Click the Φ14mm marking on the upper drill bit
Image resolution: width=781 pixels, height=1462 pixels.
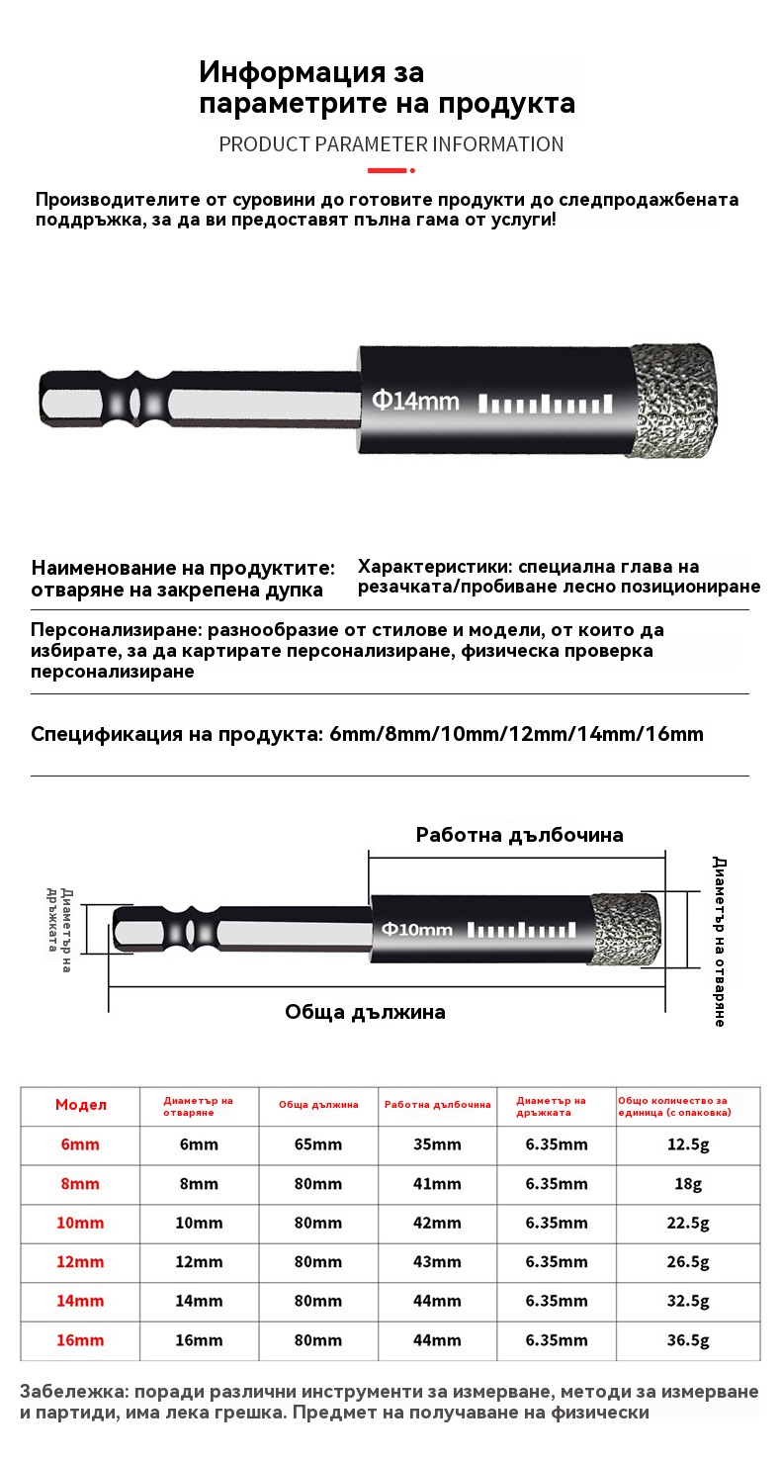[x=415, y=401]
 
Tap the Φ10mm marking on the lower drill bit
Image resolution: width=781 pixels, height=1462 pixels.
[x=417, y=929]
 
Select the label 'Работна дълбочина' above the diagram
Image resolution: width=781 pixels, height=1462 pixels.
[x=519, y=835]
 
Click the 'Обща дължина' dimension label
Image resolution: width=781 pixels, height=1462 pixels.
[x=365, y=1012]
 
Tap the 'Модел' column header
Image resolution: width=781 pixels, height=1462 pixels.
[x=81, y=1105]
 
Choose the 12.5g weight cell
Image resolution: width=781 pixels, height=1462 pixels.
[x=688, y=1144]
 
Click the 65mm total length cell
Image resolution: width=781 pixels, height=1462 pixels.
[x=318, y=1144]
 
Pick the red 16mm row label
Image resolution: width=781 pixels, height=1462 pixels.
[x=80, y=1340]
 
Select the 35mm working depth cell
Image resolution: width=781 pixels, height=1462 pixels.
[x=437, y=1144]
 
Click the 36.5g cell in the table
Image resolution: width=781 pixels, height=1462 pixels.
[x=688, y=1340]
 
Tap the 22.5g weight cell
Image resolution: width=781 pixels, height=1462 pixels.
[x=688, y=1223]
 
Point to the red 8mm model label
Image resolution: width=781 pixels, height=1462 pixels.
[x=80, y=1184]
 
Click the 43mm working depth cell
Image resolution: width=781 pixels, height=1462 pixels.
[x=437, y=1262]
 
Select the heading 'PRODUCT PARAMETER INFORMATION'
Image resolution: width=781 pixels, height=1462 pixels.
[x=390, y=144]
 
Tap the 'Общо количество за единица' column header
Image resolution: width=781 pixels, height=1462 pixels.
[x=674, y=1105]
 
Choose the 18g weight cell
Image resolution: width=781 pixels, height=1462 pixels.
[x=688, y=1184]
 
